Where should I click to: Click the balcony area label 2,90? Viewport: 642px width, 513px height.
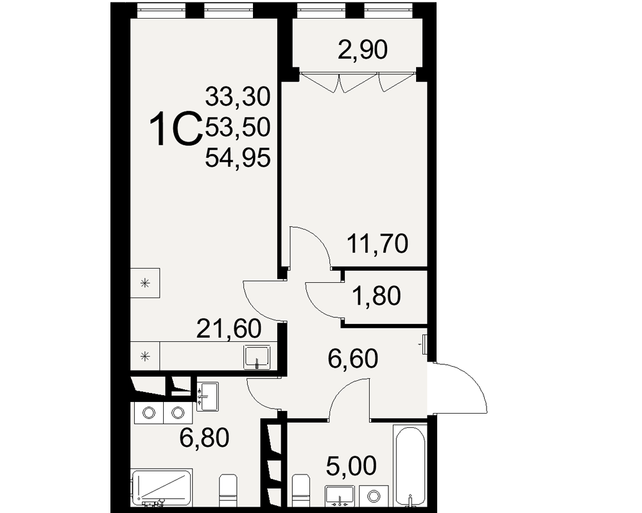pos(362,50)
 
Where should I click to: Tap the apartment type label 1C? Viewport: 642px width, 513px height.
pos(176,130)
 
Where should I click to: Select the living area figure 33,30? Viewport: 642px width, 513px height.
pos(238,97)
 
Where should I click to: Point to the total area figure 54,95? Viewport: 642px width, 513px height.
pos(238,158)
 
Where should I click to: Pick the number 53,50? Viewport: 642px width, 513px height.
pos(238,127)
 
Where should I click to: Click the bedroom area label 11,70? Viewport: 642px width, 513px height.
pos(377,244)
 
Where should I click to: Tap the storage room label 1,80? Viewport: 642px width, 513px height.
pos(376,296)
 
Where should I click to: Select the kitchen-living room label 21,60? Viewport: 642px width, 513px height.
pos(229,328)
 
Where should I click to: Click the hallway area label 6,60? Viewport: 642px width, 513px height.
pos(352,358)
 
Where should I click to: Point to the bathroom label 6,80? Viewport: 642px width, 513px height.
pos(204,438)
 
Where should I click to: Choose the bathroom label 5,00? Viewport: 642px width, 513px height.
pos(351,466)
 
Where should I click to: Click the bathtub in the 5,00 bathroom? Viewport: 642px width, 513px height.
pos(410,466)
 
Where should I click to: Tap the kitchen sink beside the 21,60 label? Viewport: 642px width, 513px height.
pos(257,357)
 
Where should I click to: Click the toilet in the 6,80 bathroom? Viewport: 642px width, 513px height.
pos(229,491)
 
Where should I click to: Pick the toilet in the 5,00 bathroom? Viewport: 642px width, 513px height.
pos(301,491)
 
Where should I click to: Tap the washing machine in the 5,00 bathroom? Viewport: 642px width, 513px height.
pos(374,496)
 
